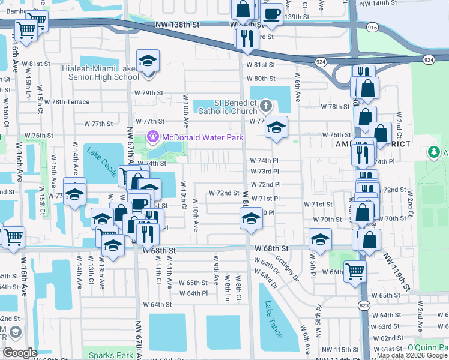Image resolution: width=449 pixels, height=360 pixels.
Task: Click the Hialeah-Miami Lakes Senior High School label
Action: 100,73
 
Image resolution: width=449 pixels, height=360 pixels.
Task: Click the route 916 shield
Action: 372,28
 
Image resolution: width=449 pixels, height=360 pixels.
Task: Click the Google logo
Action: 20,352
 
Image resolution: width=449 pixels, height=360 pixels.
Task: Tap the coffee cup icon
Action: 271,13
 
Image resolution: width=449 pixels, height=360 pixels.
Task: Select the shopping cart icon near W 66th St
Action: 355,271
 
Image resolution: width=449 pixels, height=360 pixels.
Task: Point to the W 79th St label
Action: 148,93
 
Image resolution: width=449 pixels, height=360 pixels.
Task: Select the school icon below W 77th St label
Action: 276,128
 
